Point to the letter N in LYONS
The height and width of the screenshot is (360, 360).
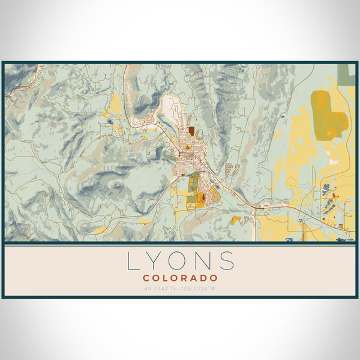coord(205,261)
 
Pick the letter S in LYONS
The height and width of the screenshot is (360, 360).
coord(227,261)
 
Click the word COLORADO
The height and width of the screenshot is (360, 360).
coord(180,278)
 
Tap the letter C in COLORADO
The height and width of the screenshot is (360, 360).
coord(146,278)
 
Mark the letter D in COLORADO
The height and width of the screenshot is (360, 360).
coord(203,278)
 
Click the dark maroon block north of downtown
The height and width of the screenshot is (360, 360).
coord(191,130)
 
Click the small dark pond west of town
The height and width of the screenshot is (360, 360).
coord(110,122)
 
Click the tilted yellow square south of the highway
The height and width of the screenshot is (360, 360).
coord(236,220)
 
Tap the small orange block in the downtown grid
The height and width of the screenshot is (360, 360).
coord(188,147)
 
